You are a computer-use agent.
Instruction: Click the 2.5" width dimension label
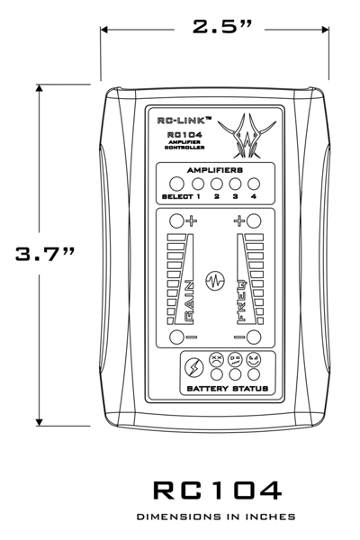pos(222,26)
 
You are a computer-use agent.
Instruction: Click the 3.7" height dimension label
pos(45,254)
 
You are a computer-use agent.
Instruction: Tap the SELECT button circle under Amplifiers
pos(176,184)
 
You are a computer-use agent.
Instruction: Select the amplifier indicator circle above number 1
pos(198,184)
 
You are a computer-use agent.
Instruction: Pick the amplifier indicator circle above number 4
pos(254,184)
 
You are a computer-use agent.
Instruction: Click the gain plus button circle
pos(176,220)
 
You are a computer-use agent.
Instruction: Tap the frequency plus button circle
pos(254,220)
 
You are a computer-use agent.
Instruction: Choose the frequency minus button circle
pos(254,337)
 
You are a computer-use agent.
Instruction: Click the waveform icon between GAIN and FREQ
pos(215,280)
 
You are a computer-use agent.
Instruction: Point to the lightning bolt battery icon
pos(194,367)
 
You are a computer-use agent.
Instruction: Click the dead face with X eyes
pos(217,359)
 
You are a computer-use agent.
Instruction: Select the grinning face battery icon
pos(254,359)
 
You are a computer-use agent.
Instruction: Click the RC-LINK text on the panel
pos(184,121)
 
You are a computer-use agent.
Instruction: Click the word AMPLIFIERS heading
pos(215,170)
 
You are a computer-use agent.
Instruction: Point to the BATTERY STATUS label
pos(228,389)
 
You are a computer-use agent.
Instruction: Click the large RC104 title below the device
pos(218,490)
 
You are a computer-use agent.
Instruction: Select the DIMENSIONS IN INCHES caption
pos(216,517)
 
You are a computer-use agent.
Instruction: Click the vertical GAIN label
pos(189,302)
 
